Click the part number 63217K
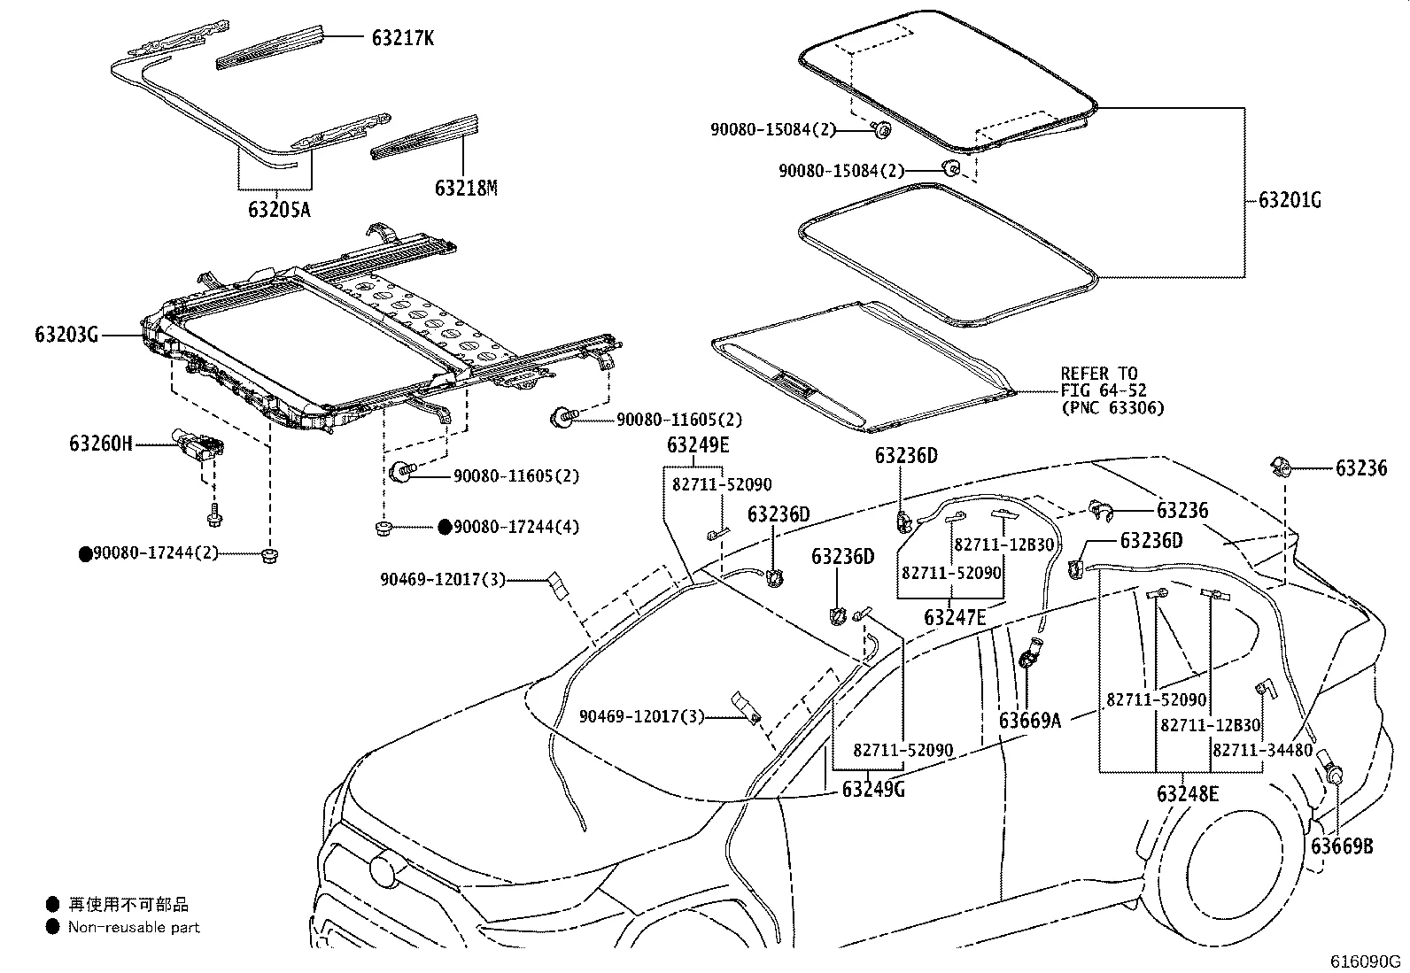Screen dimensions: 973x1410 (403, 38)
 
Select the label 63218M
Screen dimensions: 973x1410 (466, 188)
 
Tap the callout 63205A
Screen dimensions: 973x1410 (279, 210)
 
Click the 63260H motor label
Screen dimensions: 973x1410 (101, 443)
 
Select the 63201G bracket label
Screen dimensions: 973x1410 (1289, 201)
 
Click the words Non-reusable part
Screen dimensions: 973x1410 (134, 927)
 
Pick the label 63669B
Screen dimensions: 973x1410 (1342, 846)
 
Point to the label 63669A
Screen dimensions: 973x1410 (1029, 720)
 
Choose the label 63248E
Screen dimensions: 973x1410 (1187, 793)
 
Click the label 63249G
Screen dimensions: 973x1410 (873, 788)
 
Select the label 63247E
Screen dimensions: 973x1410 (954, 617)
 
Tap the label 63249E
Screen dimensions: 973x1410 (698, 445)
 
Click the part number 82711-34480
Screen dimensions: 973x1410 (1262, 750)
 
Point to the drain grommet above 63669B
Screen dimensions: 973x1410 (1331, 767)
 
